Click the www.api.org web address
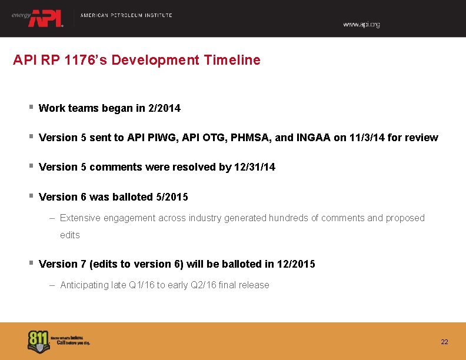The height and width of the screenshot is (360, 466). coord(361,25)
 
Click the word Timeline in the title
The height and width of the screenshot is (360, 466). coord(234,60)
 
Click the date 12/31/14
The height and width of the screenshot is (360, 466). coord(255,167)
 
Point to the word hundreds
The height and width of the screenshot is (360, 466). coord(288,218)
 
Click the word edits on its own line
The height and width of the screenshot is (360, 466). coord(69,235)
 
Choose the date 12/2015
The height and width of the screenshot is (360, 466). coord(295,264)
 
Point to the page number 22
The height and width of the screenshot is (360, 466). coord(444,342)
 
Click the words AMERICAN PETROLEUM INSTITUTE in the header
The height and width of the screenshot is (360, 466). coord(126,15)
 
